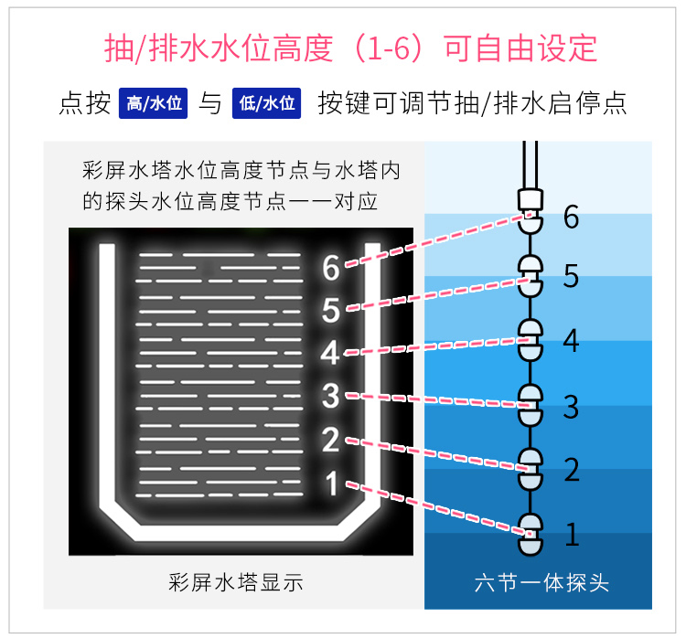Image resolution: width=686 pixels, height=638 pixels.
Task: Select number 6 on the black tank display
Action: click(x=331, y=268)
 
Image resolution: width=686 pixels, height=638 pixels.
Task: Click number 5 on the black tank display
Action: click(x=331, y=311)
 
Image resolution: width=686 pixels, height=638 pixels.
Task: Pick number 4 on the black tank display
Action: click(x=331, y=353)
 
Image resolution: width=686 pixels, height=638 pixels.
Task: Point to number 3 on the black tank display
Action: click(x=331, y=397)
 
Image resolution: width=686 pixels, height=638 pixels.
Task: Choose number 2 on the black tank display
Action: click(x=331, y=440)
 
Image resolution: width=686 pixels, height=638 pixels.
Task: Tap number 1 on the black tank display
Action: click(x=331, y=482)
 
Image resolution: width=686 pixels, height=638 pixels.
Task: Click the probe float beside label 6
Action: click(x=531, y=219)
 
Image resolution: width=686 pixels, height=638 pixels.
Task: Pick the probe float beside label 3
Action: click(x=531, y=403)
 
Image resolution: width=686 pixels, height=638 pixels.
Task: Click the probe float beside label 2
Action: click(x=531, y=468)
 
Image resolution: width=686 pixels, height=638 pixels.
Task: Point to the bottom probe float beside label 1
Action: click(x=531, y=533)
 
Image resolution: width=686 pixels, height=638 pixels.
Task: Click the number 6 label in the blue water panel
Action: click(x=572, y=218)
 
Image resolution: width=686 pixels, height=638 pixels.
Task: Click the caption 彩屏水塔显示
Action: click(x=236, y=582)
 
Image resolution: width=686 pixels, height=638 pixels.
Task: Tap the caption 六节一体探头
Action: click(x=542, y=582)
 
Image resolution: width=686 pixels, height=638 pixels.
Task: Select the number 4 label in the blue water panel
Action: click(x=572, y=341)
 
